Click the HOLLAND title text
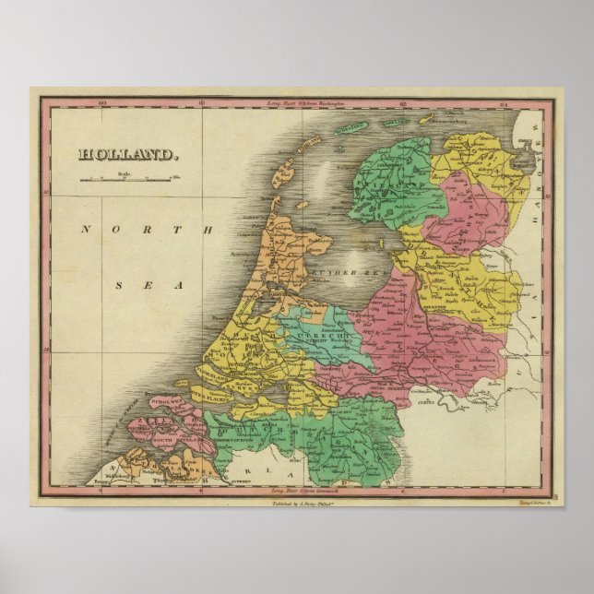pyautogui.click(x=126, y=155)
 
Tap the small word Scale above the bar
pyautogui.click(x=122, y=172)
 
